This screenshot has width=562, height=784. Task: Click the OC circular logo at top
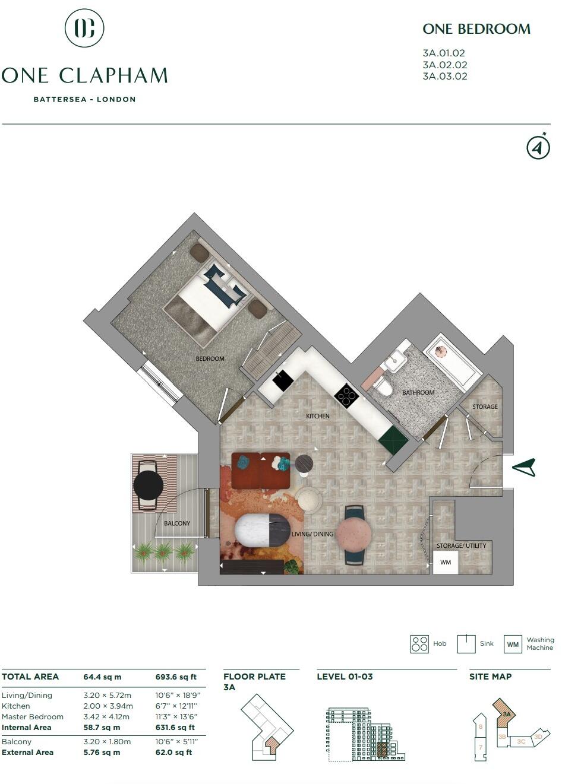[x=84, y=27]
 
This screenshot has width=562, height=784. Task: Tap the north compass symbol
[x=538, y=147]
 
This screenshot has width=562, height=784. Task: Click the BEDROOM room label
[x=210, y=358]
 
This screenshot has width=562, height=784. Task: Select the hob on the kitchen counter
[x=346, y=395]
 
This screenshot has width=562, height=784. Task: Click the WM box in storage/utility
[x=446, y=562]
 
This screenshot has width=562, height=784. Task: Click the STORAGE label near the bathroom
[x=485, y=407]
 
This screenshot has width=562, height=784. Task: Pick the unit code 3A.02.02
[x=445, y=65]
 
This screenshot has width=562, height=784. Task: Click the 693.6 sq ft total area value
[x=176, y=677]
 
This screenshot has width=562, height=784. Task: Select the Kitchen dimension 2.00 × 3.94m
[x=108, y=706]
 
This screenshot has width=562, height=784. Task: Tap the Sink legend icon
[x=466, y=644]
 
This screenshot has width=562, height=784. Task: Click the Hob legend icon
[x=419, y=644]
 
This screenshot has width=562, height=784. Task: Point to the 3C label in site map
[x=521, y=741]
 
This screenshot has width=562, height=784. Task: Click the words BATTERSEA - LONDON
[x=84, y=100]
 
